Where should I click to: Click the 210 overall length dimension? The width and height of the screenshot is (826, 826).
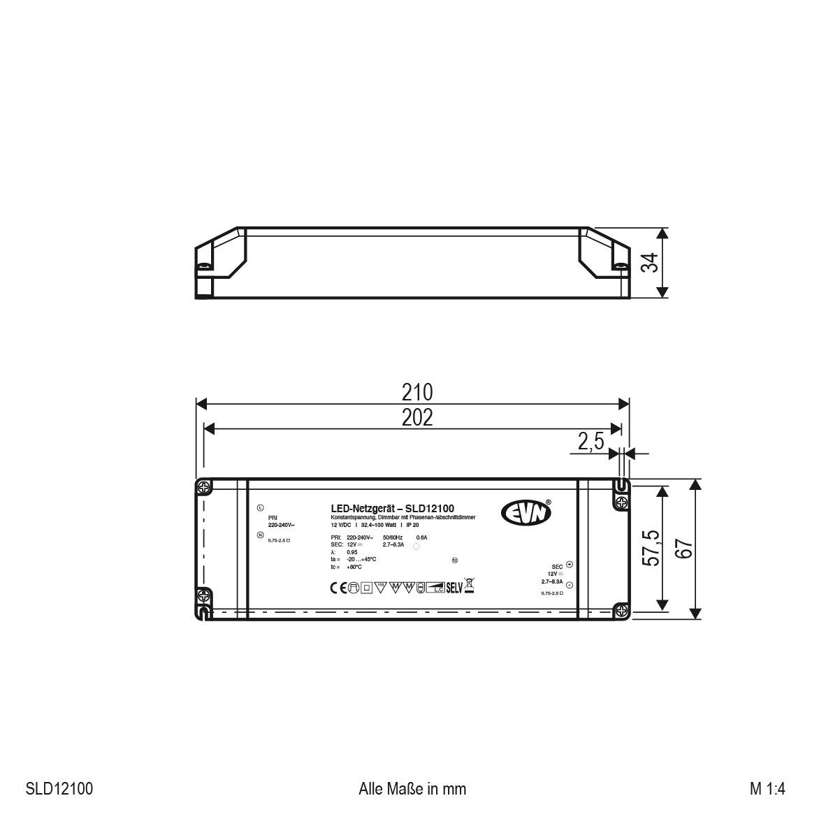point(416,391)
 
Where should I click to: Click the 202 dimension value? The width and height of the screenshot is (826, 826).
point(416,417)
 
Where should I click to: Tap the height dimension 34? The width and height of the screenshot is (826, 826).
point(651,263)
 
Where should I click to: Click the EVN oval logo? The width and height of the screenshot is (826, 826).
point(526,512)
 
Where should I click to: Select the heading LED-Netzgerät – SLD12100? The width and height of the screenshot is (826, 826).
point(392,509)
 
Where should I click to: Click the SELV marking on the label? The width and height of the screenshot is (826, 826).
point(455,587)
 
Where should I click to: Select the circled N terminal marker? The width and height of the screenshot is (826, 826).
point(260,535)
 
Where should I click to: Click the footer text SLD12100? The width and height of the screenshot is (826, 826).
point(59,789)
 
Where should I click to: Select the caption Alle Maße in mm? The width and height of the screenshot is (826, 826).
point(412,789)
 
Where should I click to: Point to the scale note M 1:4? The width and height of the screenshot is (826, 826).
point(767,789)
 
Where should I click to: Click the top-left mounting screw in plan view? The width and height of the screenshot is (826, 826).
point(203,486)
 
